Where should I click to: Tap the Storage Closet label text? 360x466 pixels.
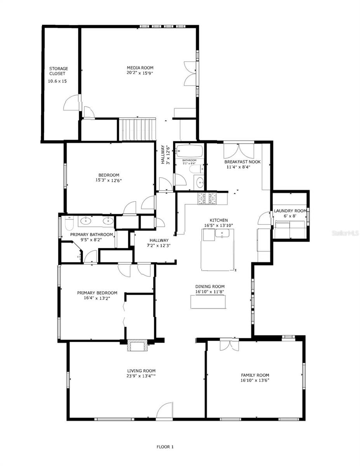coord(58,71)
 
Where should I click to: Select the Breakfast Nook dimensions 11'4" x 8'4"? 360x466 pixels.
coord(238,167)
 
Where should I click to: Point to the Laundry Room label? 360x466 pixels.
coord(290,211)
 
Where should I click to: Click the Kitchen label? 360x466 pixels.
coord(219,220)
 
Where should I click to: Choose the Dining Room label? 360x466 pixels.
coord(210,287)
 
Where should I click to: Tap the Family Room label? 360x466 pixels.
coord(255,375)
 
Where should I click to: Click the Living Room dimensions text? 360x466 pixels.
coord(141,376)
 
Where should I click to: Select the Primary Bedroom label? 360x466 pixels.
coord(97,293)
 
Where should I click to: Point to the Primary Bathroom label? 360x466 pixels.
coord(92,235)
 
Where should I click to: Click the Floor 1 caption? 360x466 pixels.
coord(165,447)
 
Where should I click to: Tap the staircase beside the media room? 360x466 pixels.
coord(137,129)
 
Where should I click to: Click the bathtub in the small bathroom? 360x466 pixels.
coord(190,151)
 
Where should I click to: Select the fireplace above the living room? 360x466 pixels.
coord(138,346)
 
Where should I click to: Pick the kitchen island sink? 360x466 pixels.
coord(222,234)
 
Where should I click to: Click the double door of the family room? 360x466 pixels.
coord(229,345)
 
